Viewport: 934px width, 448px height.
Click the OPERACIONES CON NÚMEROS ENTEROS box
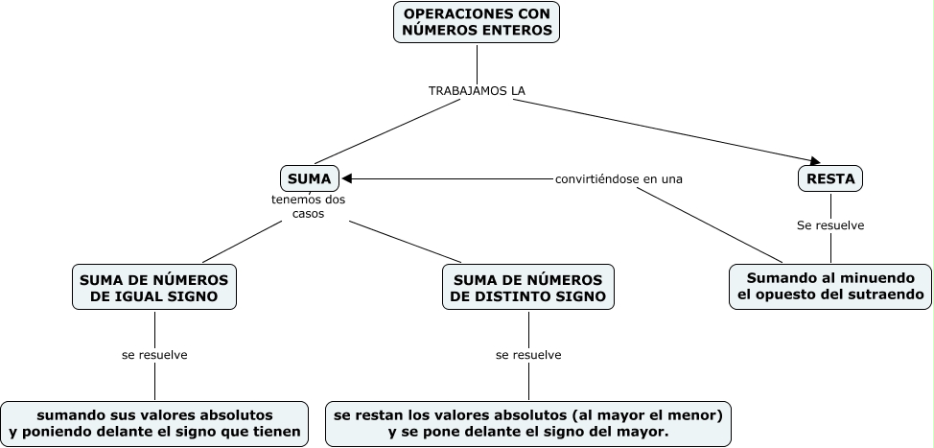point(477,22)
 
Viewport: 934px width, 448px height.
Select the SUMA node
point(309,178)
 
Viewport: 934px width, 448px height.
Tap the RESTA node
point(830,178)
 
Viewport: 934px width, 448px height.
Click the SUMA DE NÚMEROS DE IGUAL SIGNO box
point(154,288)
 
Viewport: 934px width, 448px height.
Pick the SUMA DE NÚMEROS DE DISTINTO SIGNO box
point(527,288)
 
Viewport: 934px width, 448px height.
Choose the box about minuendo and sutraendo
point(830,286)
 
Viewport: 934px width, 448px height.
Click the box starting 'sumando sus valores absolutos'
point(155,424)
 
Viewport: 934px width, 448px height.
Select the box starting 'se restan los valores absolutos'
point(528,424)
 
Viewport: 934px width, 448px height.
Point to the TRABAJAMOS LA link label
point(477,90)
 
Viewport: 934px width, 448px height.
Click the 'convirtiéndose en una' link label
point(619,178)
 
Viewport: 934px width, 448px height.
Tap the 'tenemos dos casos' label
point(309,207)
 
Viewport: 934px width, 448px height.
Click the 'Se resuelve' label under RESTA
point(830,225)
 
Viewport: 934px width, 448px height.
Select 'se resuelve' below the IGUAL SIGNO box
point(154,355)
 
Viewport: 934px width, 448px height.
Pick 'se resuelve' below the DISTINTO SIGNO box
point(528,355)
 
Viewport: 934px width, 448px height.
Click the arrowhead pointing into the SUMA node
point(348,178)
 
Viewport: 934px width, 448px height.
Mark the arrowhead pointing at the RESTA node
point(813,160)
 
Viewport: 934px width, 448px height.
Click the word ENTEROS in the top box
point(518,31)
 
